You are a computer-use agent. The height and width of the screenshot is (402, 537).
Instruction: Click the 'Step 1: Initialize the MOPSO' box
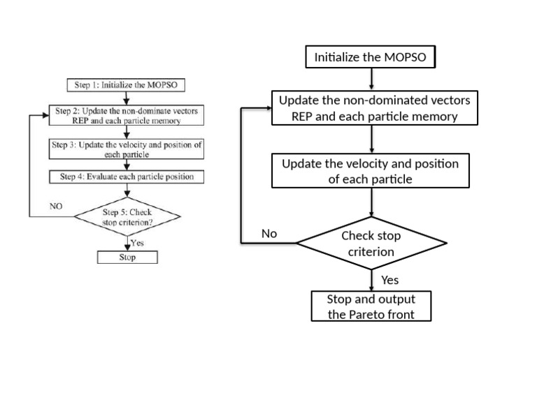tap(126, 84)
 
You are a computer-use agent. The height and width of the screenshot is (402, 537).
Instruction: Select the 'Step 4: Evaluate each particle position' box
tap(127, 177)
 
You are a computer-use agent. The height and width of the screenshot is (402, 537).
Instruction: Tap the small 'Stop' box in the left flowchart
tap(127, 257)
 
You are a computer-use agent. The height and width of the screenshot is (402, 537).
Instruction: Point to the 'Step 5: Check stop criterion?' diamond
tap(127, 216)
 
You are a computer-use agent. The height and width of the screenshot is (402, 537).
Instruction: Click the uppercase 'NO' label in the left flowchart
tap(56, 206)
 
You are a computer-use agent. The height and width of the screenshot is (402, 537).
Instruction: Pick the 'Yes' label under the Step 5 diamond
tap(137, 243)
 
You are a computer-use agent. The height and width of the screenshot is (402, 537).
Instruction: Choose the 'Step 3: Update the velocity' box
tap(127, 149)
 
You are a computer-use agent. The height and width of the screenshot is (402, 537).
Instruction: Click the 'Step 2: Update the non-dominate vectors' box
tap(127, 115)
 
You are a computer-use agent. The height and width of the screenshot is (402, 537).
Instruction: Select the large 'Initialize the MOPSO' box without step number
tap(370, 57)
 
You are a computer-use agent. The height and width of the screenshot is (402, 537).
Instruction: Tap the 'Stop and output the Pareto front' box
tap(371, 306)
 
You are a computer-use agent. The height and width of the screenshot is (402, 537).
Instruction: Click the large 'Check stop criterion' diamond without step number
tap(371, 243)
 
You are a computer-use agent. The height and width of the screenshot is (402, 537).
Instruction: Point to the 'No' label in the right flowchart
tap(269, 234)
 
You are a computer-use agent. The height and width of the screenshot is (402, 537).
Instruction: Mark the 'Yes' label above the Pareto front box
tap(389, 280)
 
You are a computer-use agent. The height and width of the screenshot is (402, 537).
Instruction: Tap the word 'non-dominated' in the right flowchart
tap(380, 100)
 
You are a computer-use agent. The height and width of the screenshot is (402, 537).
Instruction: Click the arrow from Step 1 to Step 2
tap(127, 98)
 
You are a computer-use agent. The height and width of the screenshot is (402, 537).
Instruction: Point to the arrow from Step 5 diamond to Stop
tap(127, 244)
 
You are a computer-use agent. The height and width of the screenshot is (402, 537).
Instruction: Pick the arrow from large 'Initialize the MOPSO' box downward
tap(371, 80)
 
